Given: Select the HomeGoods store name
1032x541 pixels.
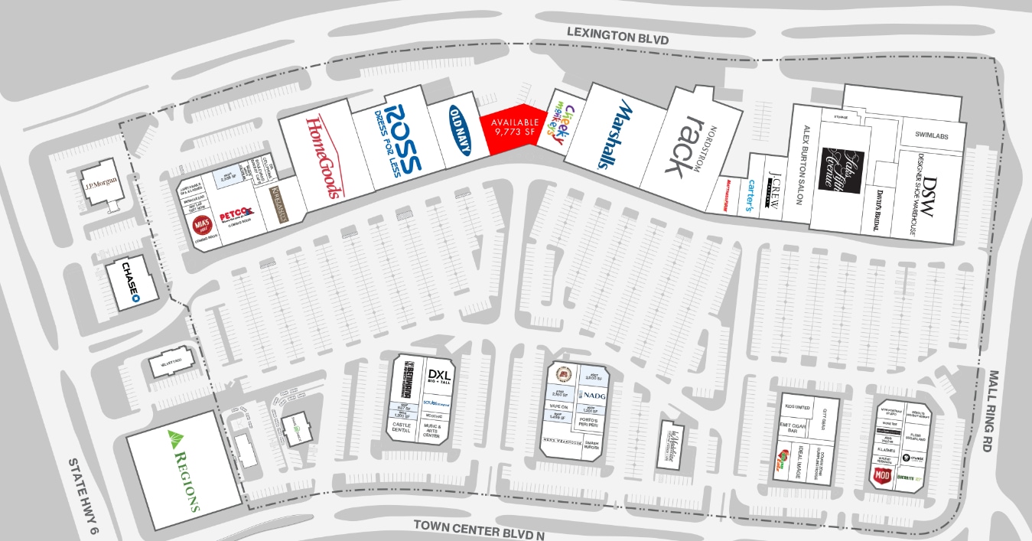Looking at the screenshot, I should tap(321, 156).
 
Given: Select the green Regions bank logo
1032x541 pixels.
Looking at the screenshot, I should tap(182, 470).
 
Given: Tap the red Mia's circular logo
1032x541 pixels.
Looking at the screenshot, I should tap(202, 223).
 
